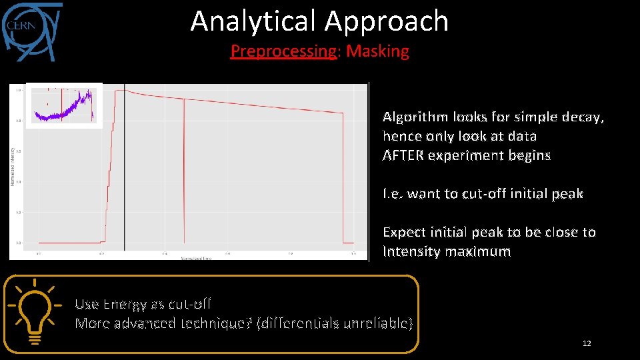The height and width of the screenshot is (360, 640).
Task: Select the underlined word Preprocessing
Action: point(283,51)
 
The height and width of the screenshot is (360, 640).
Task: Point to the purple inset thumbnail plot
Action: point(64,105)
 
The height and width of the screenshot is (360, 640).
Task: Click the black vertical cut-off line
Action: point(124,173)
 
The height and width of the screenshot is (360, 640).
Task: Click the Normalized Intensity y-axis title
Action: point(12,167)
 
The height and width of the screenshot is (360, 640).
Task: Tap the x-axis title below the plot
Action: point(197,258)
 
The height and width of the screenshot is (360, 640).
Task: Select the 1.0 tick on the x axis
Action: point(353,253)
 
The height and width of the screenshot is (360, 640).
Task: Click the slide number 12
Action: point(587,343)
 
